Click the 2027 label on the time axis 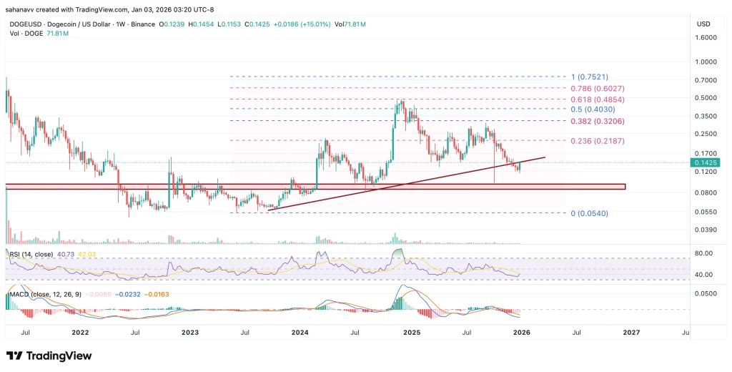click(631, 333)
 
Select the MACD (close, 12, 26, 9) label click(44, 294)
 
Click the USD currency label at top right click(703, 24)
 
